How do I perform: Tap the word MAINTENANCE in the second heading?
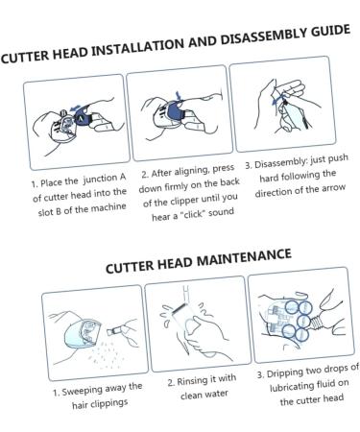244,258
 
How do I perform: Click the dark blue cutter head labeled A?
82,118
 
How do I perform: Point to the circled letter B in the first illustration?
63,112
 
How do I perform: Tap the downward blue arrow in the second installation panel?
179,95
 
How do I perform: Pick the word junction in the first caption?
101,180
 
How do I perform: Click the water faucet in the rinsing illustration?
186,295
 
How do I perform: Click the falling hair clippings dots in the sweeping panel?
104,353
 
